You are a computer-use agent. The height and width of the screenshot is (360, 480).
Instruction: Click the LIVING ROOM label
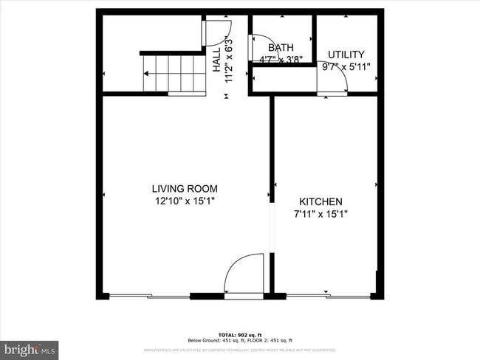coord(185,188)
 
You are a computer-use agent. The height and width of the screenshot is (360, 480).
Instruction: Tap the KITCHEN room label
coord(320,201)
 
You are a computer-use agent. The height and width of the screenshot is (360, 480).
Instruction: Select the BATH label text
coord(270,47)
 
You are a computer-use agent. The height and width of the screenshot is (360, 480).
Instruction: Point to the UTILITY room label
coord(346,54)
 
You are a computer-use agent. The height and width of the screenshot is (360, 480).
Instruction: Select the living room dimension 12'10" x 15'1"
coord(185,201)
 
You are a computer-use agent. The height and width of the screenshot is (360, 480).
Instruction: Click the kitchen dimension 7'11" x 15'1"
coord(320,214)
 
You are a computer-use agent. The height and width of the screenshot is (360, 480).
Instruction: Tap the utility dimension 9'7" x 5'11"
coord(346,66)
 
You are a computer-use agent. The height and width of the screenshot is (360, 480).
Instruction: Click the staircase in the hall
coord(174,73)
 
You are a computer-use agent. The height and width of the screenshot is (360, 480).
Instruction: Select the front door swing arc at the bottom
coord(244,274)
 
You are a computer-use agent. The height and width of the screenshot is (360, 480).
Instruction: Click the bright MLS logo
coord(30,348)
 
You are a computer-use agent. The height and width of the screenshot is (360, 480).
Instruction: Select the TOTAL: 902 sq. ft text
coord(240,334)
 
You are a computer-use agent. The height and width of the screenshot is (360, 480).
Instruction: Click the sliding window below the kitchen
coord(329,297)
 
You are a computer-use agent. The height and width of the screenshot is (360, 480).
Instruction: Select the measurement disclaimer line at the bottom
coord(240,350)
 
